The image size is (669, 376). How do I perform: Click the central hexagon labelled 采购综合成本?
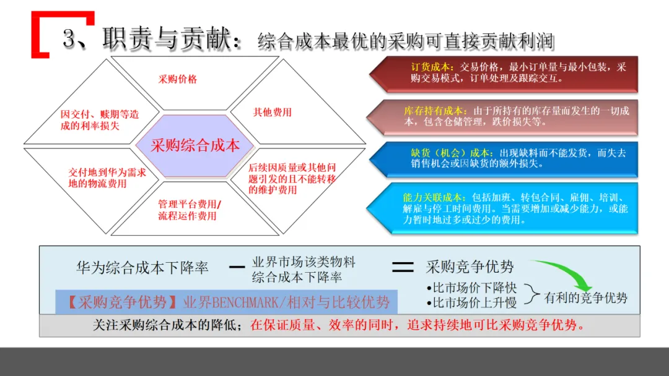pyautogui.click(x=195, y=145)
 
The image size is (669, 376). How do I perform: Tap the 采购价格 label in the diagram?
pyautogui.click(x=178, y=79)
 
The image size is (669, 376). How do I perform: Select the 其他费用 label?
pyautogui.click(x=272, y=113)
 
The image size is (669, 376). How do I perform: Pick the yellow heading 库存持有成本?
pyautogui.click(x=437, y=111)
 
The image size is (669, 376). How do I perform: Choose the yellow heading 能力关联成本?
pyautogui.click(x=432, y=197)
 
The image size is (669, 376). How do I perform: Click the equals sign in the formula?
pyautogui.click(x=403, y=267)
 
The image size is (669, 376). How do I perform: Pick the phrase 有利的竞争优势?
pyautogui.click(x=585, y=298)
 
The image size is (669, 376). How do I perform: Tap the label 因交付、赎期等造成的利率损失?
pyautogui.click(x=99, y=120)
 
